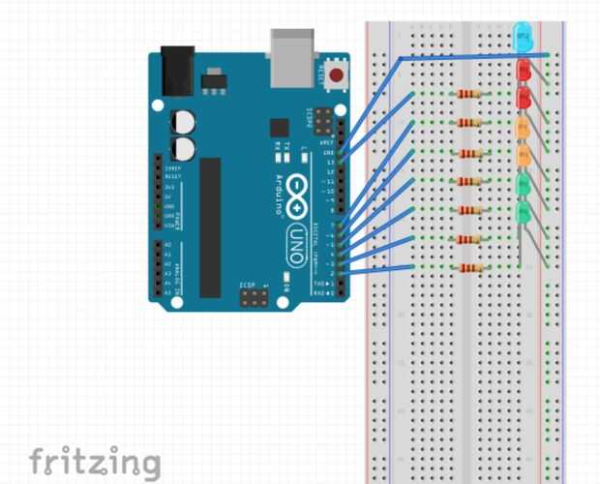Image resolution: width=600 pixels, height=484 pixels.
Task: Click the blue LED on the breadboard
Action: click(524, 37)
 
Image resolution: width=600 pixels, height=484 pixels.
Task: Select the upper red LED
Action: click(524, 71)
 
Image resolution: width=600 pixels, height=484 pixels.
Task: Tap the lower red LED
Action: click(524, 98)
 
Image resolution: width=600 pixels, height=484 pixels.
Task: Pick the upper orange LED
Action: click(524, 126)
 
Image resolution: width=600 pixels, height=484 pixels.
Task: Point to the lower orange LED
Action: click(524, 154)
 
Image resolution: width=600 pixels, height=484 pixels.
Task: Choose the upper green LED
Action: click(524, 183)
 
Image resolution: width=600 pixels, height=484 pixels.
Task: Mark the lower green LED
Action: click(524, 211)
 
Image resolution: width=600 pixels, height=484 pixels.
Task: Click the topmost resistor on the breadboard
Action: click(468, 95)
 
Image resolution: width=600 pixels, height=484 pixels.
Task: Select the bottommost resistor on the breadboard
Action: click(468, 268)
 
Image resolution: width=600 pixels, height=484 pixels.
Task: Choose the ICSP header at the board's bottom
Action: click(255, 298)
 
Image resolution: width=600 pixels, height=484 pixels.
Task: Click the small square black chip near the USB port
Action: click(280, 128)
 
